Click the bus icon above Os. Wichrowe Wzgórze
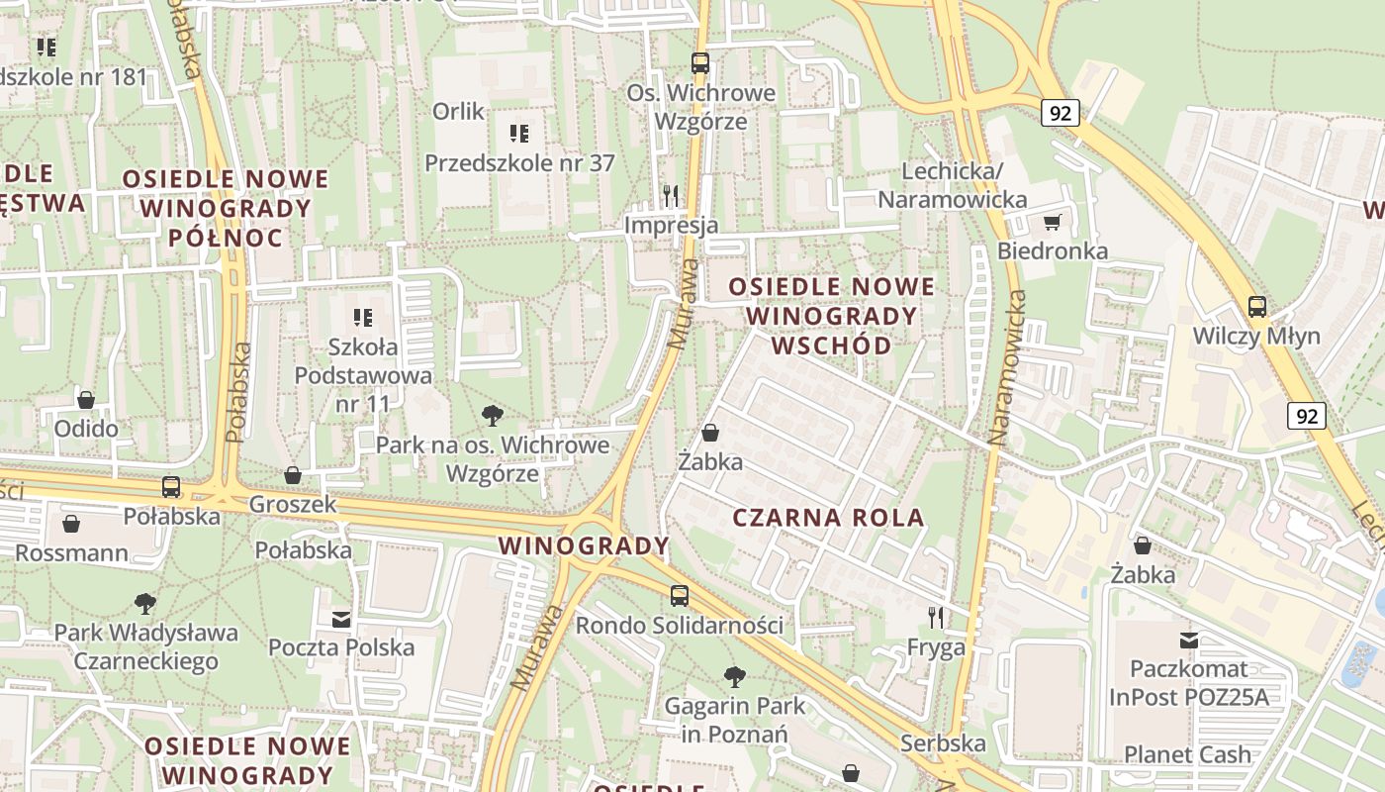[x=700, y=63]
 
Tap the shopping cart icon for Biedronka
[x=1052, y=222]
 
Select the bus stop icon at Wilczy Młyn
[x=1256, y=307]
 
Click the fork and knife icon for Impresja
[x=671, y=195]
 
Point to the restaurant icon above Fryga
[x=936, y=619]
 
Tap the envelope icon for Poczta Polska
[x=341, y=619]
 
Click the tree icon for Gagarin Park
[x=734, y=677]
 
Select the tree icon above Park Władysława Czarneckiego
[x=145, y=603]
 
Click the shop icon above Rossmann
[x=71, y=523]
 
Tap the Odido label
[x=86, y=429]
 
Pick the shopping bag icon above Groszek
[x=293, y=475]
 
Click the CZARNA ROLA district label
[x=829, y=517]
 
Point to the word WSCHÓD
[x=831, y=346]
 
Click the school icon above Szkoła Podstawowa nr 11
[x=363, y=318]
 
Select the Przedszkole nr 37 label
[x=519, y=162]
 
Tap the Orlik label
[x=458, y=111]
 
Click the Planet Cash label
[x=1187, y=753]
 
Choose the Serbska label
[x=943, y=742]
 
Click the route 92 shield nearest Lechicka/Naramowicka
[x=1060, y=113]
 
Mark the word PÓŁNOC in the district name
[x=226, y=238]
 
